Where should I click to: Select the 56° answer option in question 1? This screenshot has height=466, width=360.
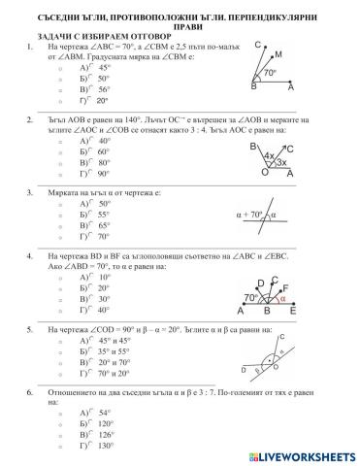(91, 88)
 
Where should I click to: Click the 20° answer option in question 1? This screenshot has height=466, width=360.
(91, 100)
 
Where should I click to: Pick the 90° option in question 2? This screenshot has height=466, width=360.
(91, 174)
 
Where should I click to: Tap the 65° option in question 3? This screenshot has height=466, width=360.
(91, 224)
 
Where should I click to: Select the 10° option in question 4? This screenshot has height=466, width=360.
(91, 276)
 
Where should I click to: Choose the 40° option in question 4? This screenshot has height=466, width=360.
(91, 311)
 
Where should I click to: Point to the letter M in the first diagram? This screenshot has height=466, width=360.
(279, 55)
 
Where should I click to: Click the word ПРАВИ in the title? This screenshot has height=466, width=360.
(180, 27)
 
